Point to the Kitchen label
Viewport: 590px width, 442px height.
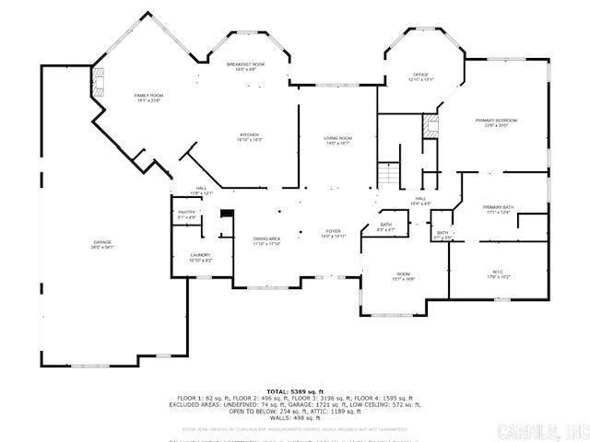(x=251, y=137)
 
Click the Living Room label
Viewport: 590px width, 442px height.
(x=337, y=140)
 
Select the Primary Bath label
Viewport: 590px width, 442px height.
(x=498, y=209)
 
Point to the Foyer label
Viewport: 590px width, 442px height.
(x=333, y=233)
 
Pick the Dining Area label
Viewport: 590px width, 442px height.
(x=267, y=241)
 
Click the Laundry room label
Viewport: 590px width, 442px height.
(x=201, y=258)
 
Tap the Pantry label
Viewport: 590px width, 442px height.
(x=186, y=215)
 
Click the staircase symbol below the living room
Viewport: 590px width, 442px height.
(x=389, y=173)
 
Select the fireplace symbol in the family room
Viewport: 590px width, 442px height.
(x=99, y=84)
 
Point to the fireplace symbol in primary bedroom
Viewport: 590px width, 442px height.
(x=430, y=127)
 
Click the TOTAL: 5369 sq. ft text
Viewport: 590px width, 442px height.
(x=295, y=391)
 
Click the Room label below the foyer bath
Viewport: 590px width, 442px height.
(x=403, y=275)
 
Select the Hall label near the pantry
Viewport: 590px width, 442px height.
(x=201, y=192)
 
